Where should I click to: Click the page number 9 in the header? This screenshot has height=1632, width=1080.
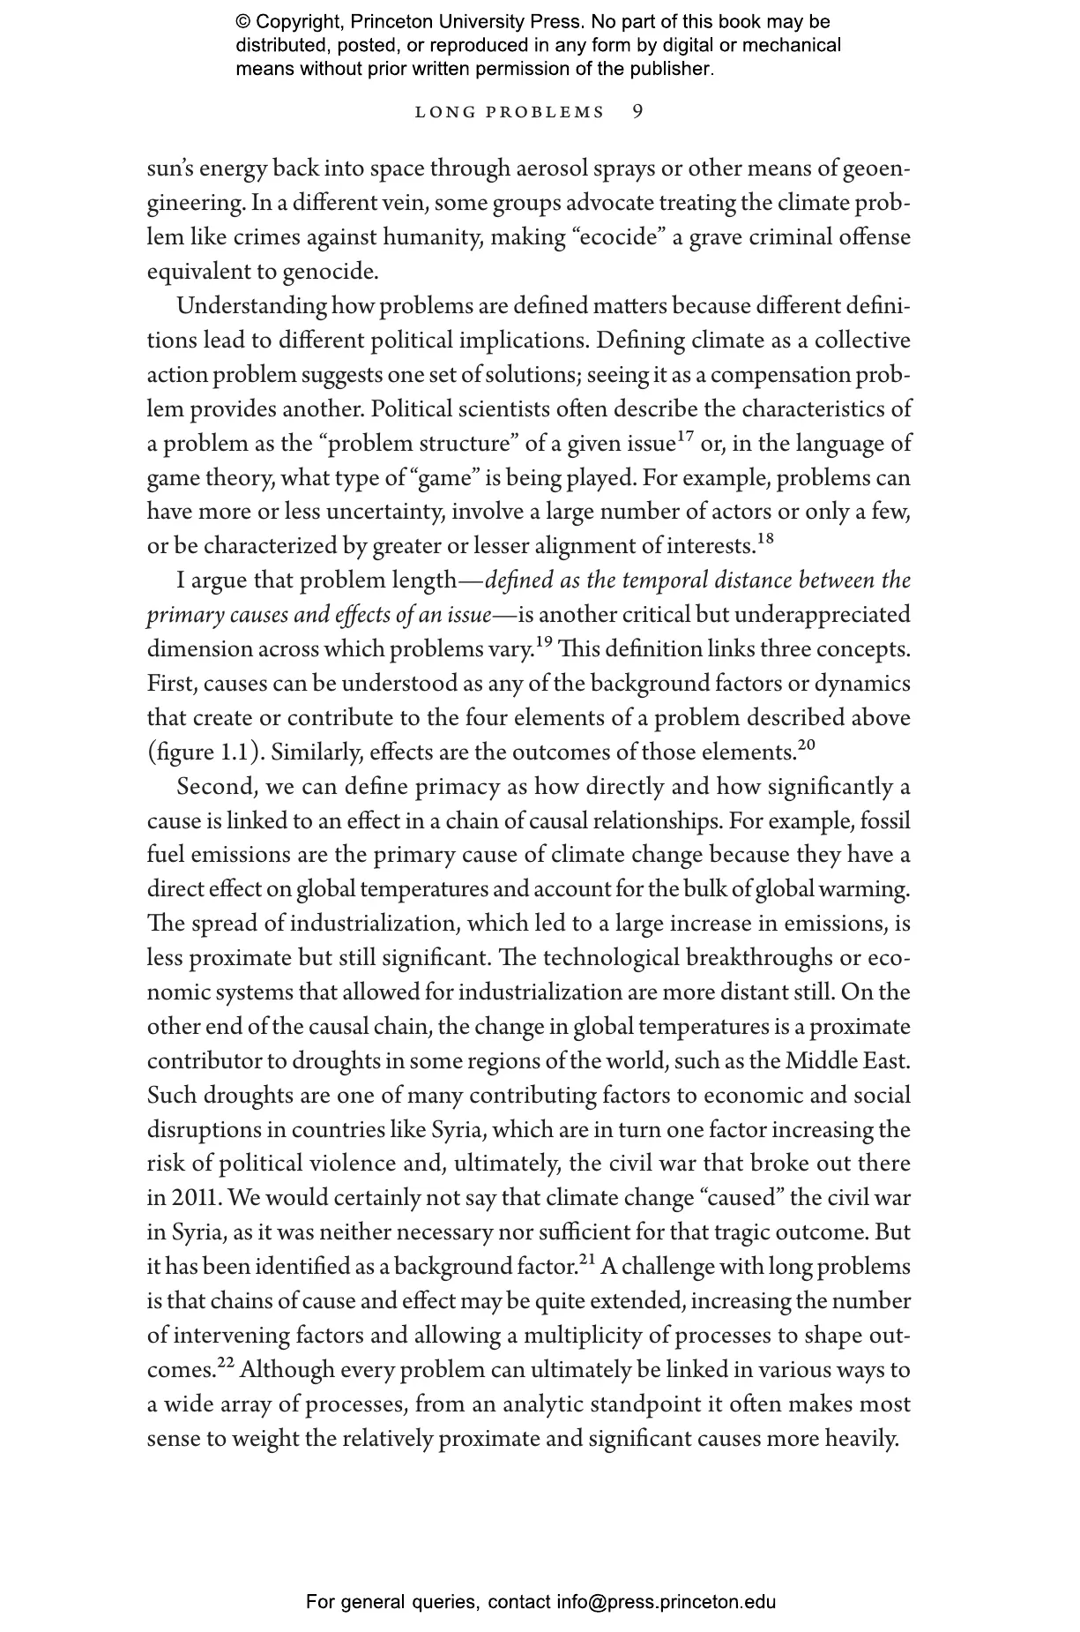click(638, 112)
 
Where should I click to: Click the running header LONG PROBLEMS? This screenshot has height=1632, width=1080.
click(510, 113)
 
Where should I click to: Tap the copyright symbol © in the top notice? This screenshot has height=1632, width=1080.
click(242, 22)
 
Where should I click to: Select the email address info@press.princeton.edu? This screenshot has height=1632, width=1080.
click(666, 1602)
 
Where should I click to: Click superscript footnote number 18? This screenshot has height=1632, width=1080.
click(765, 540)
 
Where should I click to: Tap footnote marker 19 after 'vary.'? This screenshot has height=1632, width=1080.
click(545, 643)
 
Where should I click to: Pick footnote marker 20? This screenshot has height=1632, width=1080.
click(807, 746)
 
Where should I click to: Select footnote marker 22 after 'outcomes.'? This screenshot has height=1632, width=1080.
click(227, 1364)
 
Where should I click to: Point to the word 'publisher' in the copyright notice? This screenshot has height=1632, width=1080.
click(669, 68)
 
